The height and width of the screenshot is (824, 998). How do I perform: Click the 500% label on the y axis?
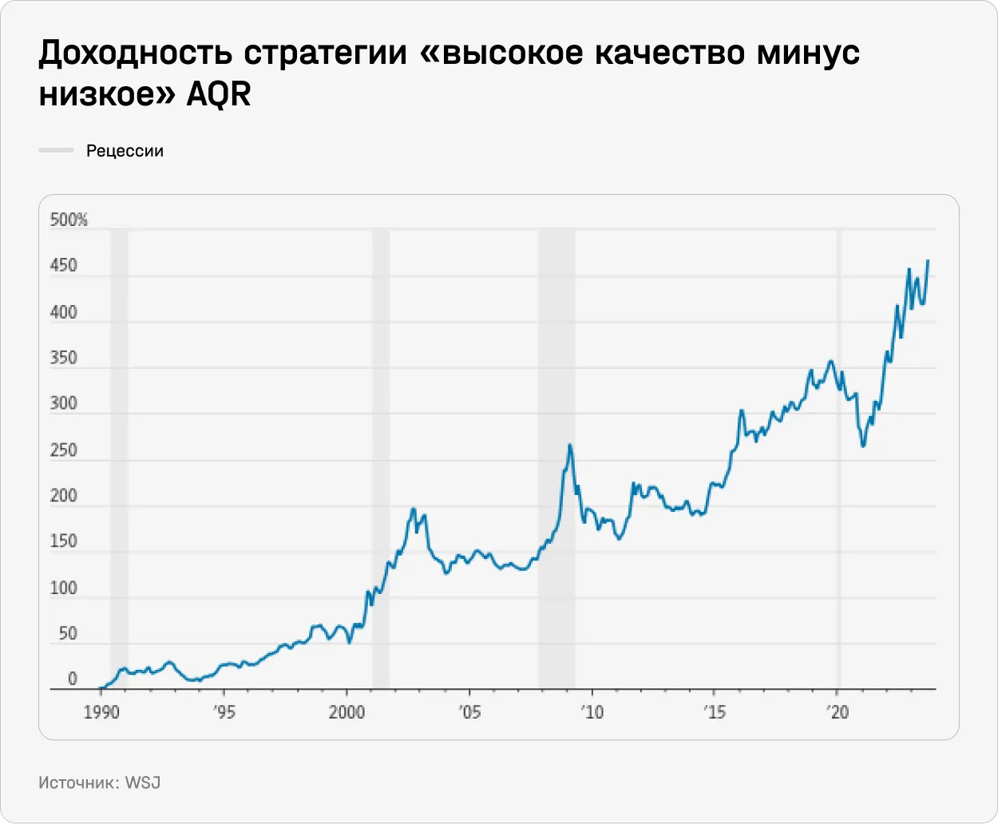69,220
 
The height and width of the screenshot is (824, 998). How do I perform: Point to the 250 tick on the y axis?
64,450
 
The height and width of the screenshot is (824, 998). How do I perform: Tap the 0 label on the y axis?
72,679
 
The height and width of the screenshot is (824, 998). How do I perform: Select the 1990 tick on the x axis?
101,711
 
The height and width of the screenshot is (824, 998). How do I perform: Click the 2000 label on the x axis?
347,711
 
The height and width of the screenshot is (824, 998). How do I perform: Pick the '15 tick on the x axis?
714,711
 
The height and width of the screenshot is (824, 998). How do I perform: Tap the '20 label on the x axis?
837,711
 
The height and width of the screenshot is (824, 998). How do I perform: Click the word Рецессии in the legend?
125,151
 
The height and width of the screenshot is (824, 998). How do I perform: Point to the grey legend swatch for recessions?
56,150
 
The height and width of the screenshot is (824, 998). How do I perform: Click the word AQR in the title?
219,94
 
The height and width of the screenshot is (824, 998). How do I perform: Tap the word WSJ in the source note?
143,782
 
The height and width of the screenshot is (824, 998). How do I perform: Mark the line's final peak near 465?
928,260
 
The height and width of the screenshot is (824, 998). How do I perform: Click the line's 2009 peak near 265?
570,445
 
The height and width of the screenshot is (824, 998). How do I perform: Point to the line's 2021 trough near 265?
863,446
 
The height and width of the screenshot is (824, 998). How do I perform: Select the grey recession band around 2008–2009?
556,399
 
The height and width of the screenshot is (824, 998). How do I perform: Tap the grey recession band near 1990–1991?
119,399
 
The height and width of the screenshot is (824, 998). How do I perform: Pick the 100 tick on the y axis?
64,588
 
